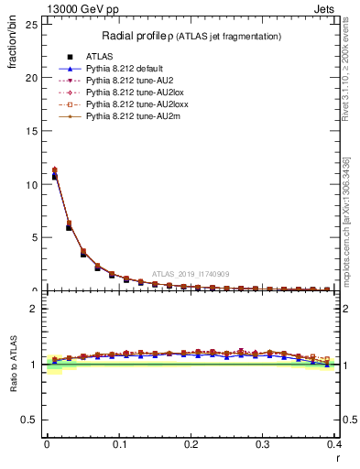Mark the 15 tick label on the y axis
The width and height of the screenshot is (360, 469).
(32, 131)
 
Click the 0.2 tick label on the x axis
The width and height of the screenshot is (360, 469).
(191, 443)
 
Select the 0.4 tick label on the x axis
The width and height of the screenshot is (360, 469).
(333, 443)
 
